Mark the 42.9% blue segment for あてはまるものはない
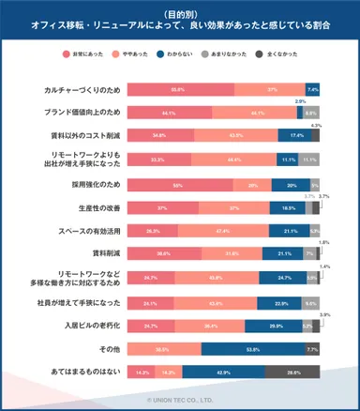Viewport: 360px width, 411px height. (x=223, y=372)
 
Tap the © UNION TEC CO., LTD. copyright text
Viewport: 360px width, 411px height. (x=179, y=399)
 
